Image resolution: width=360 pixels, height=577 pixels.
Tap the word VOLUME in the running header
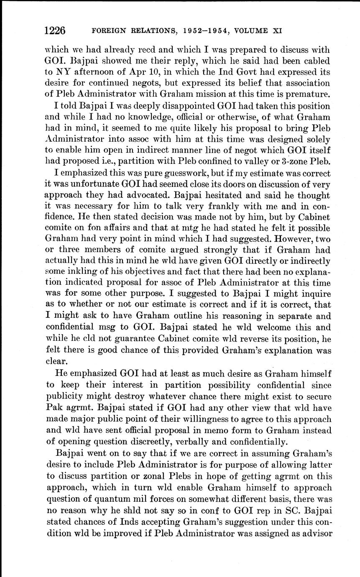(x=250, y=31)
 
